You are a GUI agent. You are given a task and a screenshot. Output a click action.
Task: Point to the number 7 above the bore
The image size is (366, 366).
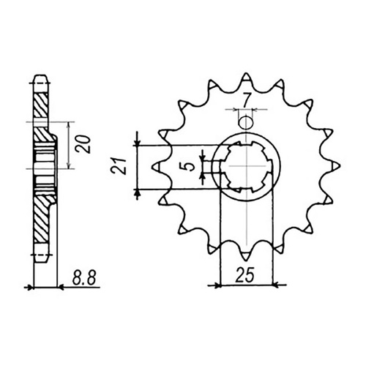tap(248, 97)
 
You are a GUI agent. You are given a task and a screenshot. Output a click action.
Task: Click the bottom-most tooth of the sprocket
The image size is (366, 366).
tap(247, 256)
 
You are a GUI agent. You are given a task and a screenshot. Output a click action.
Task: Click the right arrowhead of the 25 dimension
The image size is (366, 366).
tap(271, 283)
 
